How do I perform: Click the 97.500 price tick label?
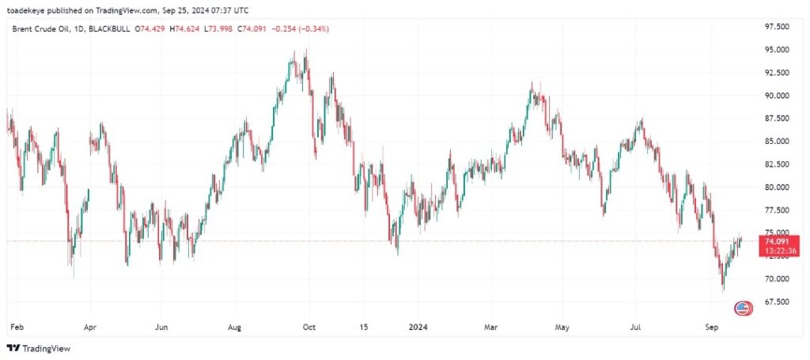[778, 26]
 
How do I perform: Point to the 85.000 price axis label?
[778, 141]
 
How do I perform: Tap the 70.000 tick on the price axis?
[778, 279]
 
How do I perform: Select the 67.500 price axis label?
[778, 301]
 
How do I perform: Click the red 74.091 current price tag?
[776, 241]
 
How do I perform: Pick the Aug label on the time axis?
[234, 325]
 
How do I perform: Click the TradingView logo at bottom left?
[38, 348]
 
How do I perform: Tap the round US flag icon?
[743, 308]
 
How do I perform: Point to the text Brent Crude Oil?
[39, 29]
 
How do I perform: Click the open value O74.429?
[151, 29]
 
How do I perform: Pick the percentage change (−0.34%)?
[313, 29]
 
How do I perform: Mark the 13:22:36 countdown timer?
[776, 251]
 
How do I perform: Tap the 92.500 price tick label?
[778, 72]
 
